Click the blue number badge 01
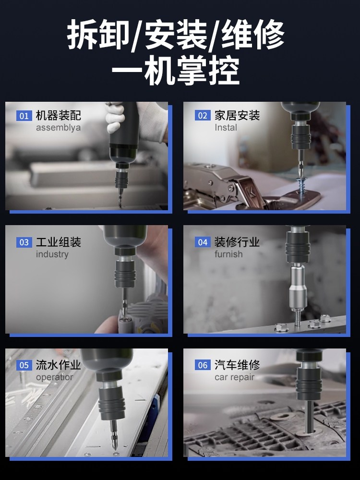[x=24, y=116]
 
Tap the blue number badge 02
[x=203, y=116]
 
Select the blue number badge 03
[x=24, y=242]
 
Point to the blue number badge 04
[x=203, y=242]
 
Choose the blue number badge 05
[x=24, y=365]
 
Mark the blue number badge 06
[x=203, y=365]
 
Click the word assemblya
[x=58, y=128]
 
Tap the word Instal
[x=226, y=128]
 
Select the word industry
[x=52, y=254]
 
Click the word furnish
[x=228, y=254]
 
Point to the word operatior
[x=54, y=377]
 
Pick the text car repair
[x=235, y=377]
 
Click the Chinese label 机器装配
[x=59, y=116]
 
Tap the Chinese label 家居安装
[x=237, y=116]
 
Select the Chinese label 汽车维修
[x=237, y=365]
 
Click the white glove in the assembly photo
[x=114, y=117]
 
